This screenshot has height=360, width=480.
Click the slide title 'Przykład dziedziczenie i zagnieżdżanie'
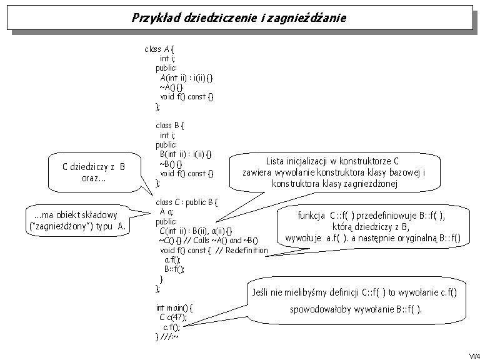[x=239, y=17]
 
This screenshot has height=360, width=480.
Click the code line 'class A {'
[x=159, y=49]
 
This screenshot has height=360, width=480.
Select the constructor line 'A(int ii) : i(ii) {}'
[x=186, y=77]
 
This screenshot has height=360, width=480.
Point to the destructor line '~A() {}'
[x=171, y=87]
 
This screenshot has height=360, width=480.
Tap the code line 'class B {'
[x=170, y=126]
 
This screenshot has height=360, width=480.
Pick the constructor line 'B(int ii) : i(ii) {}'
[x=186, y=154]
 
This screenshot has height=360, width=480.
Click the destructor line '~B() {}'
[x=171, y=164]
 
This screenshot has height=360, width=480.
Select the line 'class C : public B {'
[x=186, y=202]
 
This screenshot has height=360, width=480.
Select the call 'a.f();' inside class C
[x=172, y=260]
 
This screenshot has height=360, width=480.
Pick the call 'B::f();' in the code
[x=174, y=269]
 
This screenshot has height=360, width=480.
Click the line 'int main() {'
[x=174, y=307]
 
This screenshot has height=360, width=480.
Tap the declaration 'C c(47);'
[x=172, y=317]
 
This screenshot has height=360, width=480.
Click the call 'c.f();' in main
[x=172, y=327]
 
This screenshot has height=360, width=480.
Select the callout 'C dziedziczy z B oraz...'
[x=93, y=172]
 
